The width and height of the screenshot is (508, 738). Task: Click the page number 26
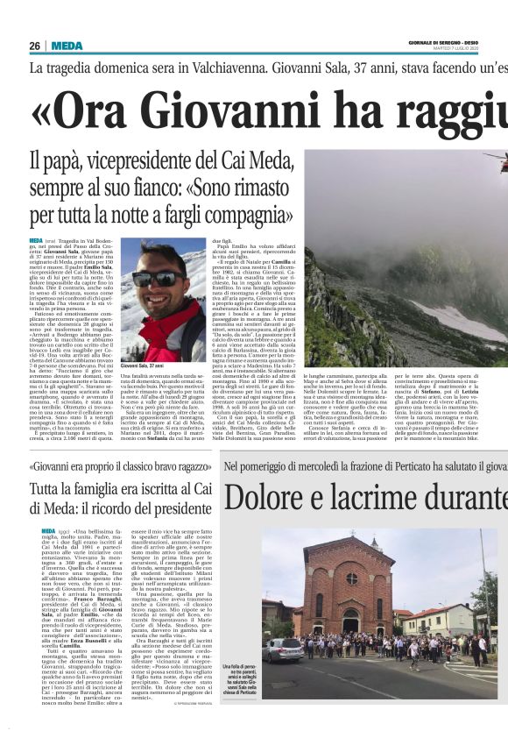pyautogui.click(x=34, y=46)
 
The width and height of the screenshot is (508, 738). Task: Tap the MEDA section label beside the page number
pyautogui.click(x=67, y=46)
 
